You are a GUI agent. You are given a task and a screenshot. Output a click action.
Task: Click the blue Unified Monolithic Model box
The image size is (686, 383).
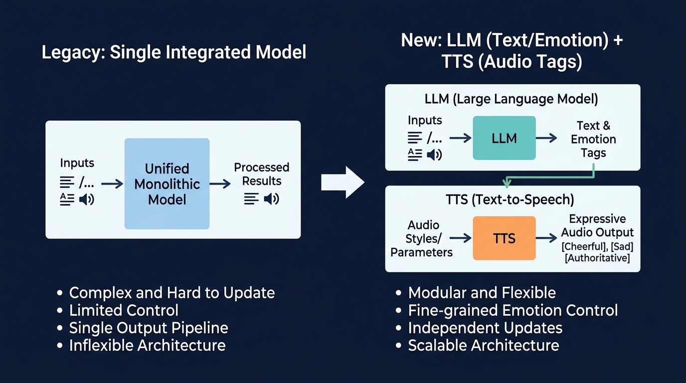click(167, 184)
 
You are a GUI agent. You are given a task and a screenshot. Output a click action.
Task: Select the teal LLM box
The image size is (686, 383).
click(504, 138)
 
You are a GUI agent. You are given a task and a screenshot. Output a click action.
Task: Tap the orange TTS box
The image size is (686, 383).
click(504, 238)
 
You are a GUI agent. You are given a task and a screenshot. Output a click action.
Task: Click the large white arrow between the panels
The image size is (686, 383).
click(343, 183)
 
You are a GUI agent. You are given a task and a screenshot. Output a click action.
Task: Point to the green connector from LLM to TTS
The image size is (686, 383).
click(548, 177)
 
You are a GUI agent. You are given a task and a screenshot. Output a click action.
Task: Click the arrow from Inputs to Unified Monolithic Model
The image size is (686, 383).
click(112, 184)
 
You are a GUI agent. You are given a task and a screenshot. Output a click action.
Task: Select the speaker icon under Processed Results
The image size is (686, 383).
click(272, 199)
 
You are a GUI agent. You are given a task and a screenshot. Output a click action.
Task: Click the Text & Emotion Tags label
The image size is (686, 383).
click(593, 139)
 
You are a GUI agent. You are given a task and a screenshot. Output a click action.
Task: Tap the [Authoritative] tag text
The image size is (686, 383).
click(597, 258)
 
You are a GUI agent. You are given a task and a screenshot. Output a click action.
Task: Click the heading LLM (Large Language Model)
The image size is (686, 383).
click(511, 99)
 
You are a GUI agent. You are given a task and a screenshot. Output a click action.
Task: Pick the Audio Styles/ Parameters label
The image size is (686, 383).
click(422, 238)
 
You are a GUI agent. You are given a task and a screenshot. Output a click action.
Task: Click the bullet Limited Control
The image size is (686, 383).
click(124, 310)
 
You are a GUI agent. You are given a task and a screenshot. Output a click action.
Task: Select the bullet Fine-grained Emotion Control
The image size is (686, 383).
click(513, 310)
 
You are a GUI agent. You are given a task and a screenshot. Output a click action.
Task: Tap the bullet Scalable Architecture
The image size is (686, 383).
click(483, 345)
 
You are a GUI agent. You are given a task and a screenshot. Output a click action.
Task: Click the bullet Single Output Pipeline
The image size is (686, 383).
click(149, 328)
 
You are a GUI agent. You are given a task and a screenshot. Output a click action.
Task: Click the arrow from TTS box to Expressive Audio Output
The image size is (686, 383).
click(546, 238)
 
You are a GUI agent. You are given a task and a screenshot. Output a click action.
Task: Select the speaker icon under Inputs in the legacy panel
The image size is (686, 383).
click(86, 199)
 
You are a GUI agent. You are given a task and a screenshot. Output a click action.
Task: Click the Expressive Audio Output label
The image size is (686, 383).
click(597, 225)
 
